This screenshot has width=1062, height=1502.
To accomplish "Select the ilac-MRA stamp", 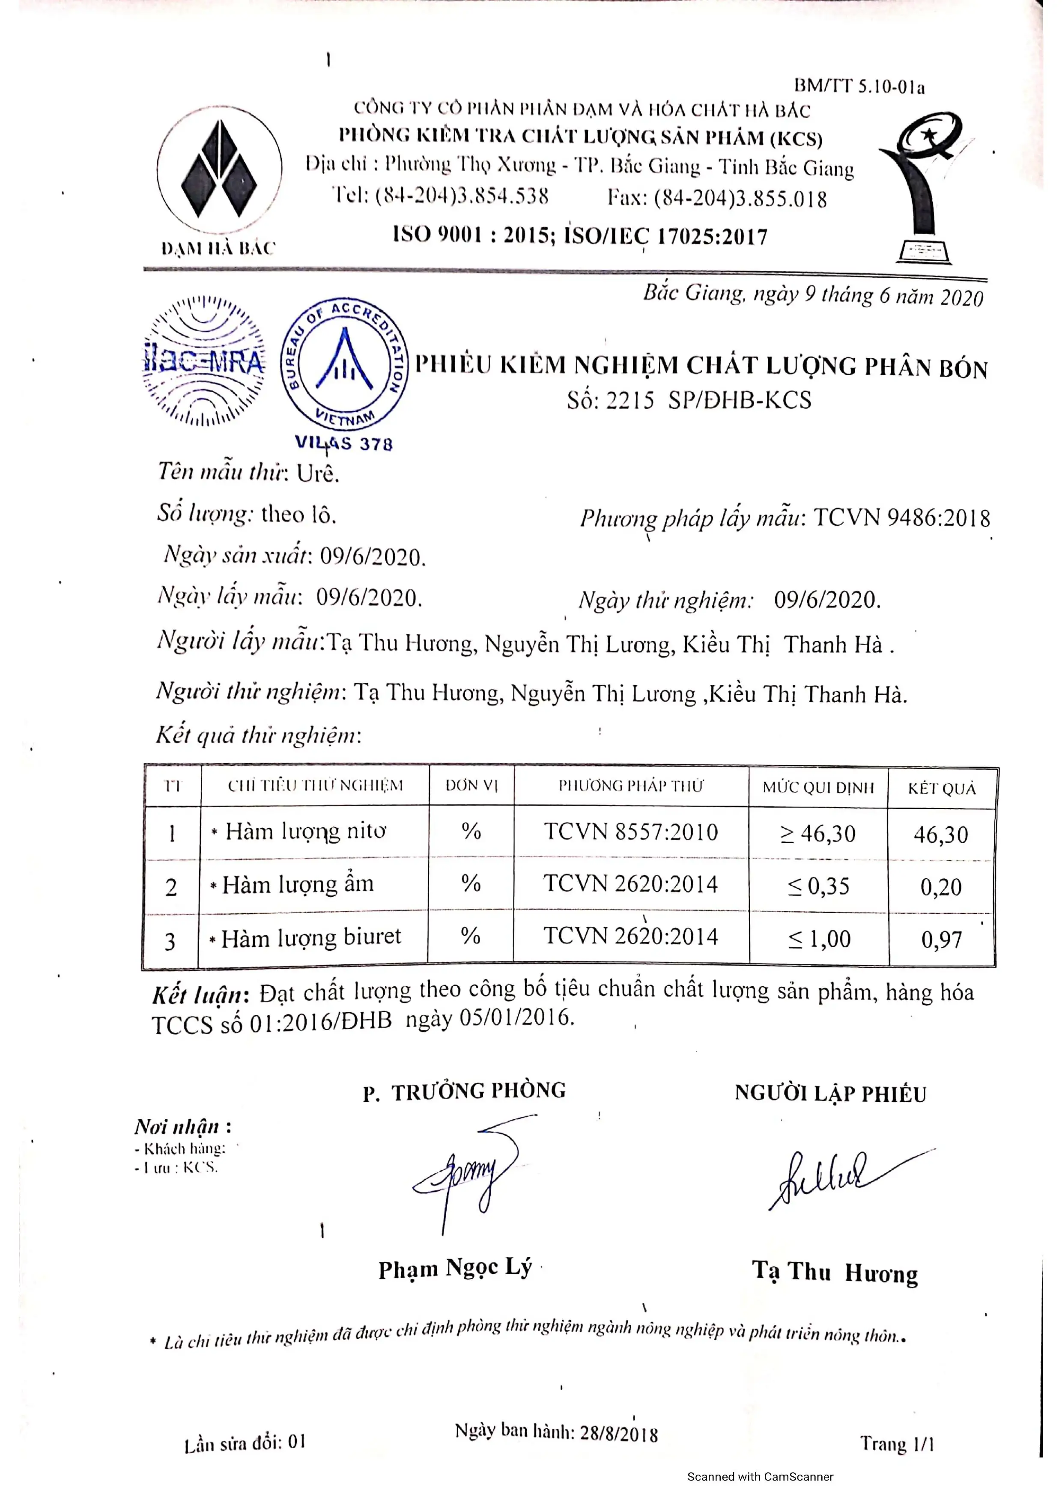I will click(203, 361).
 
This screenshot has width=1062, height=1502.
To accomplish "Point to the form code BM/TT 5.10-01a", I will click(859, 86).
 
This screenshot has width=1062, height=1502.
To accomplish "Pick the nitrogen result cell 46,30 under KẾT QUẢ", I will click(940, 835).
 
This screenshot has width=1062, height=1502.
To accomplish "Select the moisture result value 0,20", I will click(940, 887).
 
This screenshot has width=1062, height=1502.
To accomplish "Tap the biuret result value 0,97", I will click(941, 940).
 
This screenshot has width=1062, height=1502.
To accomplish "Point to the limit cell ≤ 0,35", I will click(818, 886).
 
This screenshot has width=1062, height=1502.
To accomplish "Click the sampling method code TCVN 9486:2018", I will click(901, 518).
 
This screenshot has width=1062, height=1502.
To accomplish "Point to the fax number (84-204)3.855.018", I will click(740, 198).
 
